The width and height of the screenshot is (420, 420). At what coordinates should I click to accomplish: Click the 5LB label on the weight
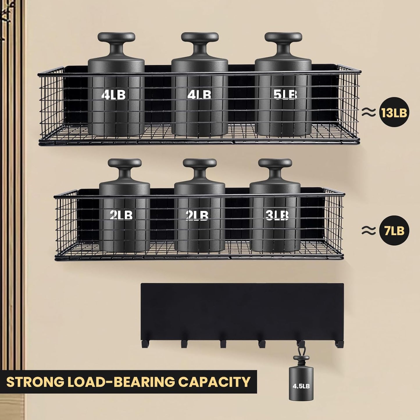(x=285, y=95)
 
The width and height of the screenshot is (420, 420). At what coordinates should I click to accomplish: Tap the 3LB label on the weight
(x=277, y=215)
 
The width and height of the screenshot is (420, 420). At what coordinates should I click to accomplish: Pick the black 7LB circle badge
(x=394, y=230)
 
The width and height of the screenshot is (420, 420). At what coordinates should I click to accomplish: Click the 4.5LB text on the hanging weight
(x=301, y=386)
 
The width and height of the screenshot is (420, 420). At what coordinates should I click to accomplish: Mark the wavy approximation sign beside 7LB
(x=369, y=230)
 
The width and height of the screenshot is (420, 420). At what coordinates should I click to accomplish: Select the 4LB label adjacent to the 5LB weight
(x=199, y=95)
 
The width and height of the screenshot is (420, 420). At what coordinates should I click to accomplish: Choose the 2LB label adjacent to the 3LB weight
(x=197, y=215)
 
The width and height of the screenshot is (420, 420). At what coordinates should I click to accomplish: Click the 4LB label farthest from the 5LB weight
(x=114, y=95)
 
